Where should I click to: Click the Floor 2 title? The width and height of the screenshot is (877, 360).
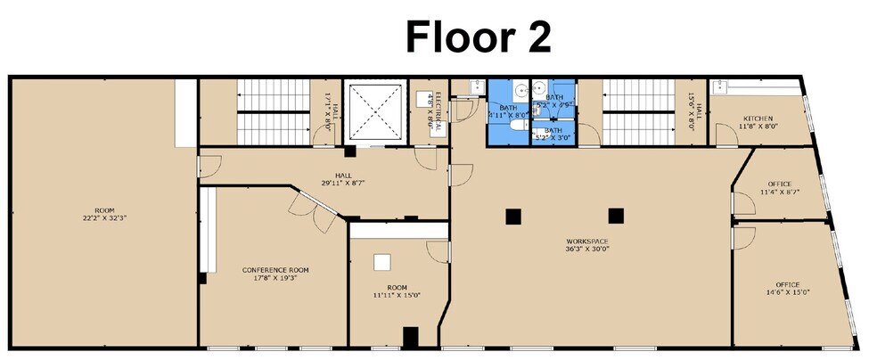478,37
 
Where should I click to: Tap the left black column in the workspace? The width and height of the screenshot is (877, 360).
512,216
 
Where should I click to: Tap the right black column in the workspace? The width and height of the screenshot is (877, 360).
615,216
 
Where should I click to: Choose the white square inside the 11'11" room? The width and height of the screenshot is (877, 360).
381,261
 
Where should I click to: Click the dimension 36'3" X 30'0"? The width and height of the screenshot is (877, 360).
587,250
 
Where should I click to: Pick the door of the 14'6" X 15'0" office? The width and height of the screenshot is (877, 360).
742,236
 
